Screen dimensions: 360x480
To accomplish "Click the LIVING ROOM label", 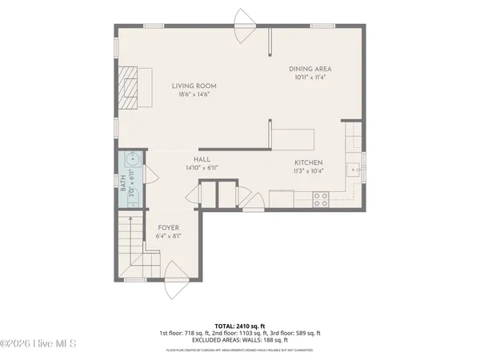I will click(x=194, y=86).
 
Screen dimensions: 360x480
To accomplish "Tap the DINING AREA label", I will click(x=310, y=69).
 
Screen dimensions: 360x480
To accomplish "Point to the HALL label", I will click(x=202, y=160).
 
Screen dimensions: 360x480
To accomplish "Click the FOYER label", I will click(x=168, y=228).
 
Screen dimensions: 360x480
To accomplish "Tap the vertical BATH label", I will click(x=124, y=194).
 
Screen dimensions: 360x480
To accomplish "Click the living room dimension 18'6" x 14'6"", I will click(x=194, y=94).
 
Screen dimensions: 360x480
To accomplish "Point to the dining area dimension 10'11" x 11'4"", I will click(x=310, y=78).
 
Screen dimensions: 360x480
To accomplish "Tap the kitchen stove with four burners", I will click(x=321, y=198).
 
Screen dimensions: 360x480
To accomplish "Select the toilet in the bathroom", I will click(x=134, y=198).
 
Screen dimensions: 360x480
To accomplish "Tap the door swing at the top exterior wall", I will click(x=242, y=18).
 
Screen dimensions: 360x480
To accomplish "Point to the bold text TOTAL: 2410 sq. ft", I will click(x=240, y=326).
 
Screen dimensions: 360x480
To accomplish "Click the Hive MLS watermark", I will click(x=38, y=345).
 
